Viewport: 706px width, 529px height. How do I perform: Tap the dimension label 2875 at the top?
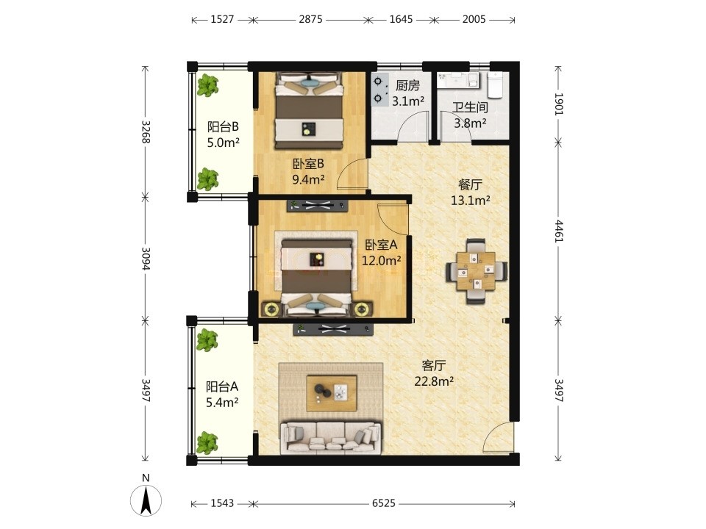tap(310, 19)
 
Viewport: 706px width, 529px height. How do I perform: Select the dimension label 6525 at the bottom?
tap(383, 503)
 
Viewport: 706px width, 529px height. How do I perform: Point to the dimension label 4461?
tap(558, 231)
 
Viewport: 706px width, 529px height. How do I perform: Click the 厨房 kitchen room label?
tap(407, 85)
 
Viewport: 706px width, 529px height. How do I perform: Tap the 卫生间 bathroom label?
tap(470, 107)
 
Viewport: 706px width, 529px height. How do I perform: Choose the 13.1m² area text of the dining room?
tap(471, 200)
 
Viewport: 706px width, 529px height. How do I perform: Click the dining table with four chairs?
tap(477, 271)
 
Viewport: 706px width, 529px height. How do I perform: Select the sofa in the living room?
tap(330, 436)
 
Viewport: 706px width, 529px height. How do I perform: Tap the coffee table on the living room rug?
tap(332, 392)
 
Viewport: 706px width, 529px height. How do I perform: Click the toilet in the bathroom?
tap(495, 84)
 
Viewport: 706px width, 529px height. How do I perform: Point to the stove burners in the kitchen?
tap(378, 89)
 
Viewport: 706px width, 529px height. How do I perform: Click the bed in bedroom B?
tap(309, 111)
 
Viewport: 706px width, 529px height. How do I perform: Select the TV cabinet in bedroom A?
tap(318, 206)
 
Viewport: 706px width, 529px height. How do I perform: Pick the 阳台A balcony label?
tap(222, 386)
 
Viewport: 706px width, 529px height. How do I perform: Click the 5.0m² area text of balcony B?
tap(223, 143)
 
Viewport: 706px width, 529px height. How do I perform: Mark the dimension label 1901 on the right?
tap(558, 104)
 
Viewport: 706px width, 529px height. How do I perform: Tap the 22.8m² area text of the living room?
tap(434, 381)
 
